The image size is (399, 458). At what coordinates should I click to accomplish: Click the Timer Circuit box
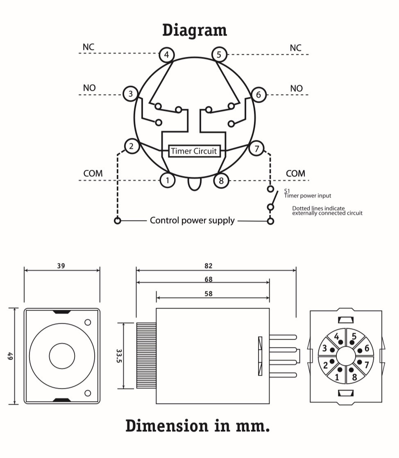tap(194, 151)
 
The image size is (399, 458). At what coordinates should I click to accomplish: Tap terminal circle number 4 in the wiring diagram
tap(166, 54)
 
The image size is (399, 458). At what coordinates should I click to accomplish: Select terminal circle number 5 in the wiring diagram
tap(219, 54)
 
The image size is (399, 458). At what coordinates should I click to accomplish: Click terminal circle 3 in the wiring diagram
tap(131, 94)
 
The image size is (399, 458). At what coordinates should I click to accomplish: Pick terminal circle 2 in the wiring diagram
tap(131, 146)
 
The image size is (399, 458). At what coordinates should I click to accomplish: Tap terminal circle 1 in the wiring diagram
tap(167, 179)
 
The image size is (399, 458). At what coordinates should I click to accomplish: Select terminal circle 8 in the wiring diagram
tap(221, 180)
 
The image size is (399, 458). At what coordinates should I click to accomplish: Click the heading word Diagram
tap(194, 31)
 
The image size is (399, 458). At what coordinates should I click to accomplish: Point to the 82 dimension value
tap(209, 266)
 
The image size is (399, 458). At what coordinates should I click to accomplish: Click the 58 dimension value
tap(209, 293)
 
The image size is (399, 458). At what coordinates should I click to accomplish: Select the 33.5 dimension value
tap(118, 355)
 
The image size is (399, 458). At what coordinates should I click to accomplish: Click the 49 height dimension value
tap(9, 356)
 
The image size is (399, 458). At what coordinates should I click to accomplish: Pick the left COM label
tap(93, 174)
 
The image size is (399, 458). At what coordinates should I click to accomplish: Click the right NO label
tap(296, 88)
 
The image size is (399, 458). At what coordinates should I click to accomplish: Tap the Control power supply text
tap(192, 221)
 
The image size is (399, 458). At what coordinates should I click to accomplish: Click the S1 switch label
tap(287, 191)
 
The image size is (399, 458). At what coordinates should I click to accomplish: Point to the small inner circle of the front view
tap(62, 355)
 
